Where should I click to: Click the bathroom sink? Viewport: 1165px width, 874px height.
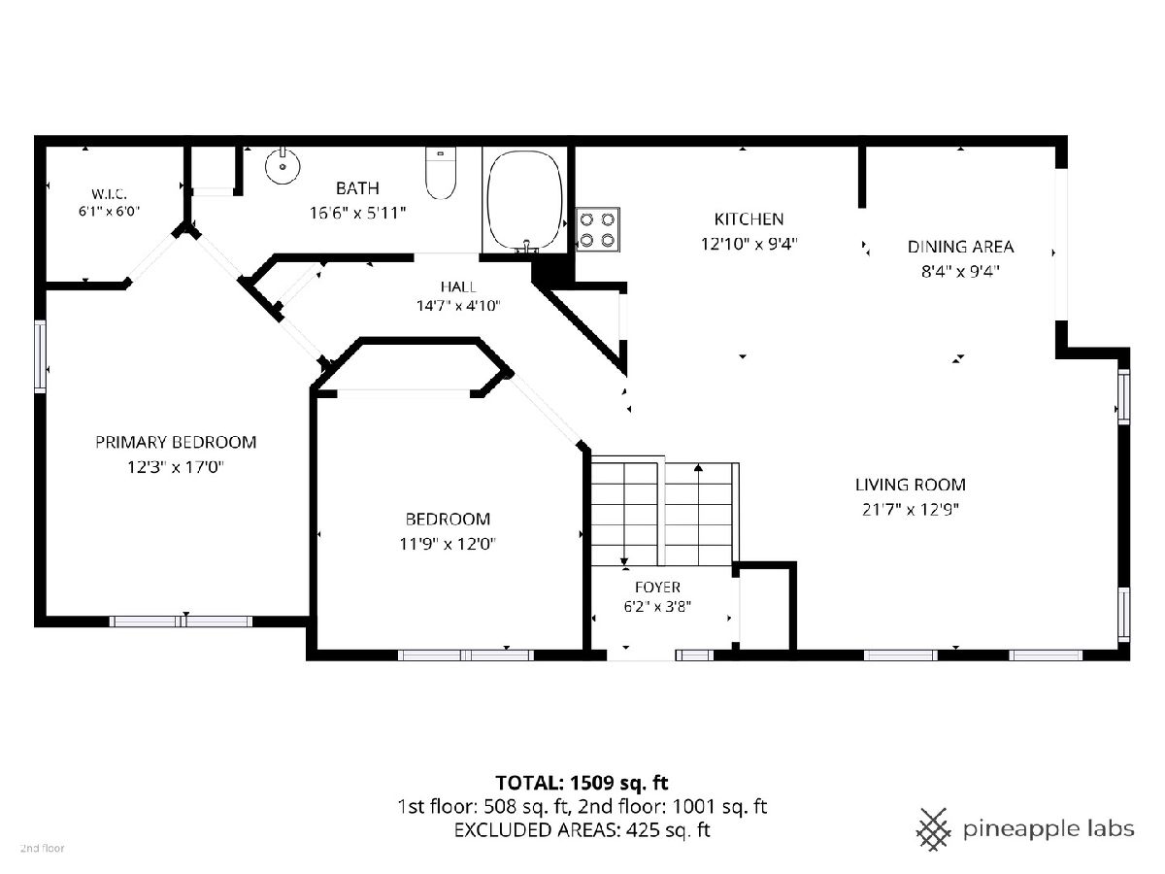(283, 165)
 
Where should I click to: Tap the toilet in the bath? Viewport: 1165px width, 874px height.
(441, 173)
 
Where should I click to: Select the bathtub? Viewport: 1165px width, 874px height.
(524, 201)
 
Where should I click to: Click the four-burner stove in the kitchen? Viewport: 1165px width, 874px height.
(598, 229)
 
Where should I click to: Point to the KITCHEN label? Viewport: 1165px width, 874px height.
(749, 218)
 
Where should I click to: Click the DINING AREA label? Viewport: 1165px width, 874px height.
(960, 247)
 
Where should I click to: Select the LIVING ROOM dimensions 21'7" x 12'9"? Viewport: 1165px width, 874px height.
(911, 510)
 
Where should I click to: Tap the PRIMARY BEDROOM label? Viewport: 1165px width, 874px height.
(176, 442)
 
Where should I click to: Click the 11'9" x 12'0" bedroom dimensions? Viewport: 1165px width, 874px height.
(448, 544)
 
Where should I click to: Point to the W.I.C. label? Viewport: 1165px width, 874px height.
(109, 193)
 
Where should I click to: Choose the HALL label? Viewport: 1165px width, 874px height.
(458, 287)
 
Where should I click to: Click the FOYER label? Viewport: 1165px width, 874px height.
(657, 587)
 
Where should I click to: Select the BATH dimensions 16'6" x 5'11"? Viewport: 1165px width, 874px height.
(357, 213)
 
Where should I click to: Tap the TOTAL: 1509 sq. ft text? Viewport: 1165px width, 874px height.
(582, 783)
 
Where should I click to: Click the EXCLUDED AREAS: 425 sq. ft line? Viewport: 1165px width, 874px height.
(582, 829)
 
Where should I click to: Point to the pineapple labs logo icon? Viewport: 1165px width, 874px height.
(933, 829)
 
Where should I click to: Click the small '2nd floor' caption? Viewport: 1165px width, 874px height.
(43, 849)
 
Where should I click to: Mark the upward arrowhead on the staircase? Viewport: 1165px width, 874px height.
(698, 467)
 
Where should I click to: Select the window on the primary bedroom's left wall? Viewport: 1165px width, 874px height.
(40, 356)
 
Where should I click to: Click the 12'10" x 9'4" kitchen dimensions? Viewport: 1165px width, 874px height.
(749, 244)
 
